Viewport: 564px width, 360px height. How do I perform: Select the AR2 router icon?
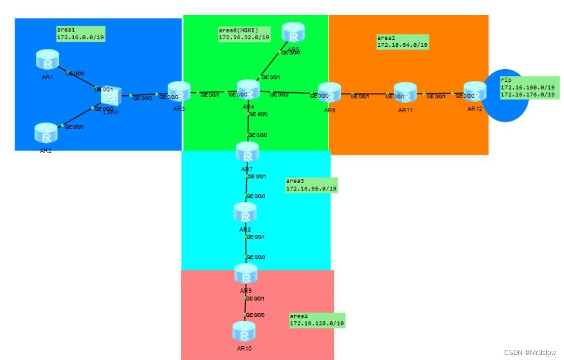[x=46, y=133]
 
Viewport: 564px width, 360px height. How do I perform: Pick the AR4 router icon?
[x=248, y=89]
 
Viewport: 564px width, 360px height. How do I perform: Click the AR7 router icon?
[x=247, y=152]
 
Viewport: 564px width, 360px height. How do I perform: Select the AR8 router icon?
[x=245, y=212]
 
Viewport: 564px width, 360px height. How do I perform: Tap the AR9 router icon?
[x=246, y=274]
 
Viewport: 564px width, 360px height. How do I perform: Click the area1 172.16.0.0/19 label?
[x=81, y=34]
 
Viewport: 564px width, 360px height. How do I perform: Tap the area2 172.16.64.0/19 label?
[x=402, y=42]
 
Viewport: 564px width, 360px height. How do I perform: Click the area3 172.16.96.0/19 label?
[x=311, y=185]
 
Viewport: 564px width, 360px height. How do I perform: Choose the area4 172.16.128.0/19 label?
[x=317, y=320]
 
